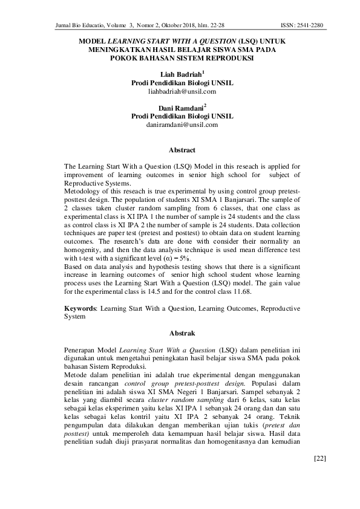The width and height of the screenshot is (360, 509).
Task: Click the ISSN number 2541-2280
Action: tap(310, 26)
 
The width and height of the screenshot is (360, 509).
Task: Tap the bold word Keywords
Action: tap(81, 308)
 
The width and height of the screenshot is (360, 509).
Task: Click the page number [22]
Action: tap(320, 475)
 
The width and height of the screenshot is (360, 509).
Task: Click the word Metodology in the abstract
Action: tap(82, 190)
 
